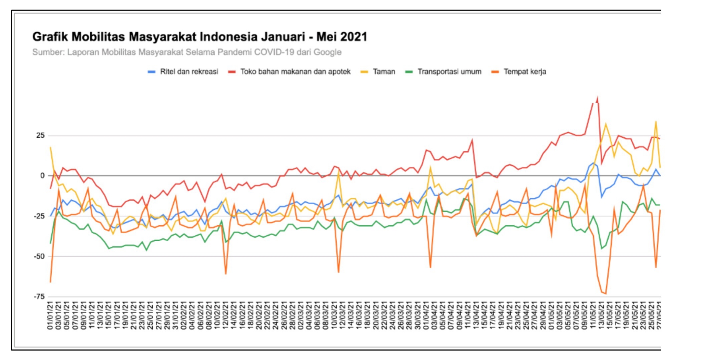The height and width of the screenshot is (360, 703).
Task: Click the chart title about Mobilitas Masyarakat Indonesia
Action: coord(199,37)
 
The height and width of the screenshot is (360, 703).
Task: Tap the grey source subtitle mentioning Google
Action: coord(187,52)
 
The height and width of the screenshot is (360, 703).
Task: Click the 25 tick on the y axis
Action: coord(40,136)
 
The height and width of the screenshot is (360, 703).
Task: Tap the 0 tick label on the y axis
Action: coord(42,176)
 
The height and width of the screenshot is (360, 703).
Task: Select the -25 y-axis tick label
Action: coord(39,216)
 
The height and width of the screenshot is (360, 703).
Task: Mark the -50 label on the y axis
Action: coord(39,256)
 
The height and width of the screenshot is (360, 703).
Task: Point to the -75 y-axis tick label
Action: coord(39,297)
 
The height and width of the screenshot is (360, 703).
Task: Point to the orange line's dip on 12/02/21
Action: coord(226,274)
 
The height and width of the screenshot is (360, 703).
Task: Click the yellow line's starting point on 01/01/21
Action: coord(50,147)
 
